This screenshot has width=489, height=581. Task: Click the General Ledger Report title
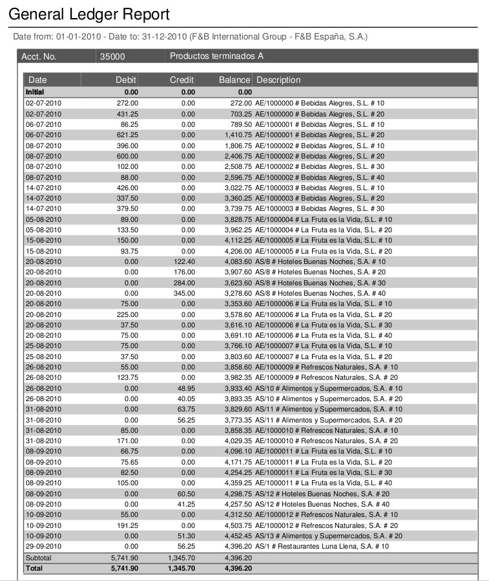[x=89, y=14]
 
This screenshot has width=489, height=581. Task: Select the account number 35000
[x=113, y=56]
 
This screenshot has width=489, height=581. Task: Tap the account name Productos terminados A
[x=216, y=56]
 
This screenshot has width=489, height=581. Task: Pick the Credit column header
[x=182, y=80]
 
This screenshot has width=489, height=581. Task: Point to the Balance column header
[x=234, y=80]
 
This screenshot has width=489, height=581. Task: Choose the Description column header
[x=278, y=80]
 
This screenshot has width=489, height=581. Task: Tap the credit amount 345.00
[x=184, y=293]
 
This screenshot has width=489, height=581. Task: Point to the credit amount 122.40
[x=184, y=261]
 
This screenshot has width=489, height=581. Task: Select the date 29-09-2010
[x=43, y=547]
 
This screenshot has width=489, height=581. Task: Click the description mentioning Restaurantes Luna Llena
[x=322, y=547]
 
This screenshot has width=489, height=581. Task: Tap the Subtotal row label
[x=39, y=558]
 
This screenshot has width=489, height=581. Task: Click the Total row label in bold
[x=34, y=567]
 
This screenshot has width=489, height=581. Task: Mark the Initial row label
[x=35, y=93]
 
